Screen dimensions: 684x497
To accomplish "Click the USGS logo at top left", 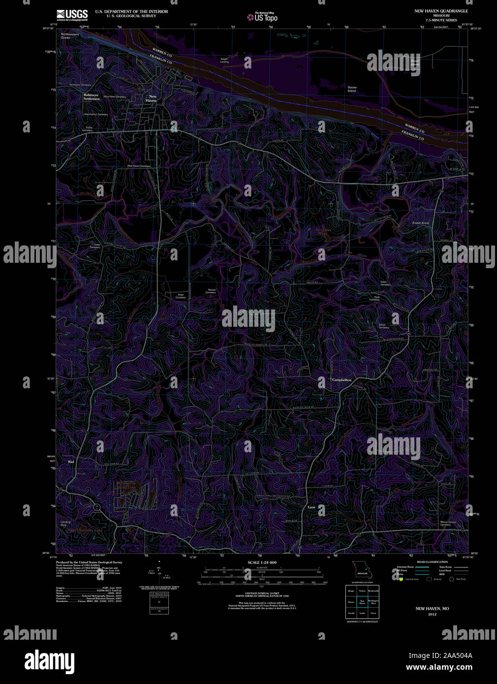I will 72,14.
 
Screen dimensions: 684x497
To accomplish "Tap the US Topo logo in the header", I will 263,17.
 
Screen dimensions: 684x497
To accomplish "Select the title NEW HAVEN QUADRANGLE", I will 441,11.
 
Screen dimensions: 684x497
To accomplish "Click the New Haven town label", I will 152,98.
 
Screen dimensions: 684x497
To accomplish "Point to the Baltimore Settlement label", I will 92,97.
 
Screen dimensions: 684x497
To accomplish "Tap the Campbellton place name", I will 342,380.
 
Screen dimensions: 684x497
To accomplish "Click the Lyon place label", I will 311,507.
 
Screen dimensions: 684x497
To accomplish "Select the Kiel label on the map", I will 71,462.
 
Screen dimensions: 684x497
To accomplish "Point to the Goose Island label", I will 352,89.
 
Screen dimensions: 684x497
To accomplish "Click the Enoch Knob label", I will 421,223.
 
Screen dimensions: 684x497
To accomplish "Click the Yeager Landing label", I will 224,61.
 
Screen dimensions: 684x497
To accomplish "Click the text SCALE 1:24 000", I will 262,562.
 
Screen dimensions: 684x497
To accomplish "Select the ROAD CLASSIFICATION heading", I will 432,562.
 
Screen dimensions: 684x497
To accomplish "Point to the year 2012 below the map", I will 432,614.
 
